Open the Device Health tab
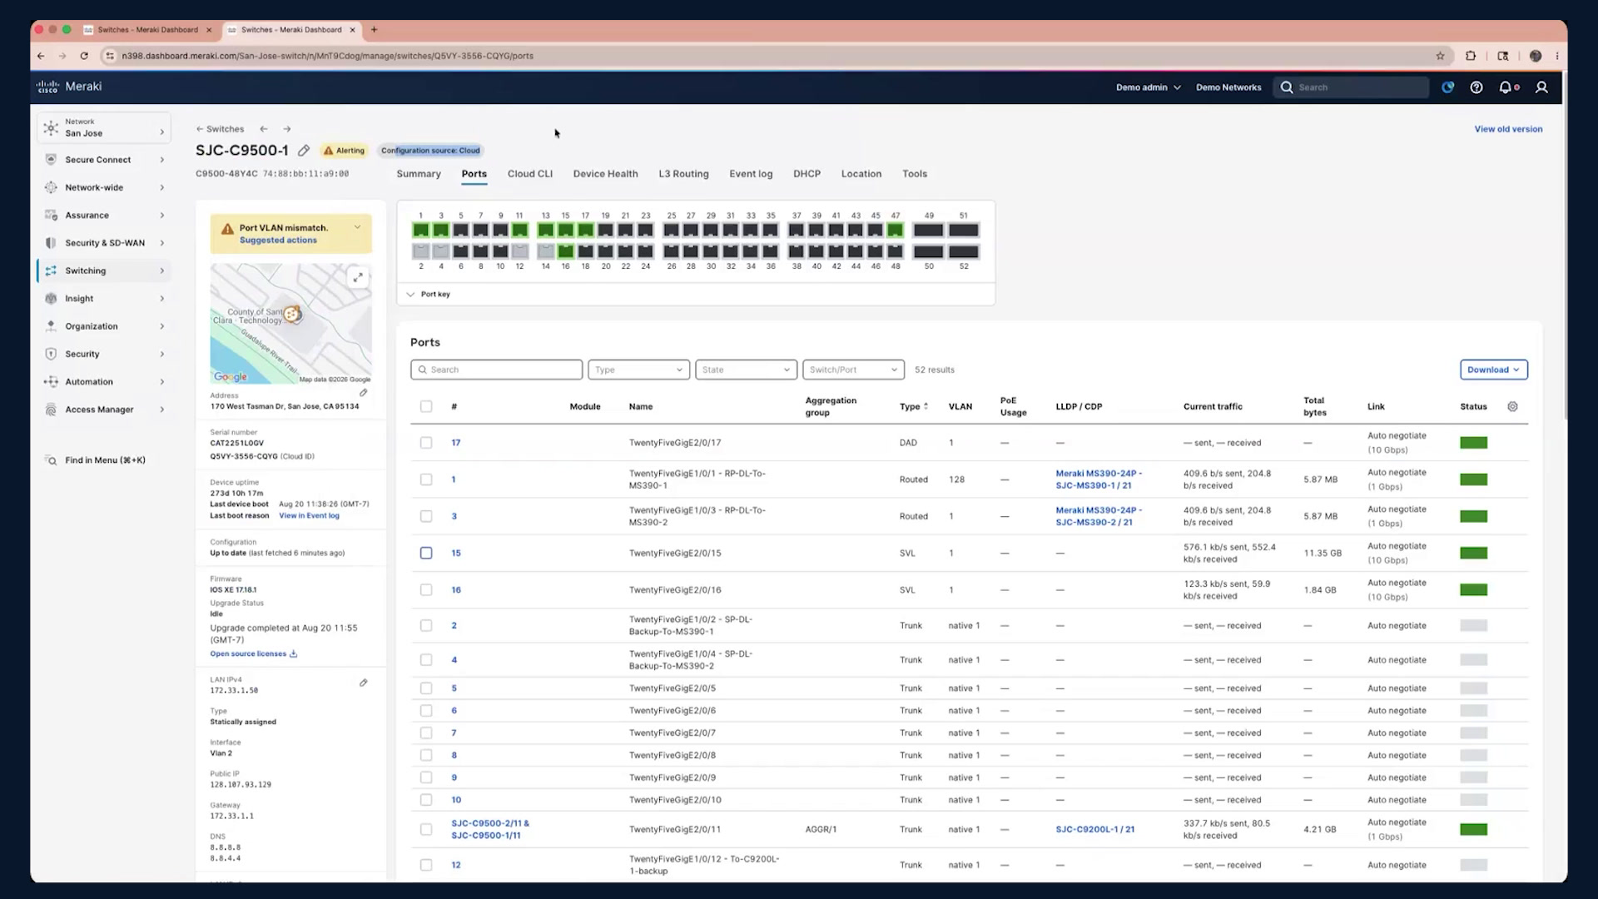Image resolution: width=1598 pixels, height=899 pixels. [x=605, y=174]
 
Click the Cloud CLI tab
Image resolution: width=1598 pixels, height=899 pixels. [x=530, y=174]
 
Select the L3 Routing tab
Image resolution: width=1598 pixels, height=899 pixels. [x=683, y=174]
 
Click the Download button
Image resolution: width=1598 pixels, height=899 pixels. [x=1493, y=370]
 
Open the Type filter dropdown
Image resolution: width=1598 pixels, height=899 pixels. [x=638, y=370]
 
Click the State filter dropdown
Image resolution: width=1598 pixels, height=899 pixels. [x=745, y=370]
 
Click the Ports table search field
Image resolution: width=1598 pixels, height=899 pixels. [x=496, y=370]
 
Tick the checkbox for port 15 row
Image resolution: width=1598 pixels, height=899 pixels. [x=426, y=553]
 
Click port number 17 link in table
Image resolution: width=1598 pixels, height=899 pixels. [x=456, y=443]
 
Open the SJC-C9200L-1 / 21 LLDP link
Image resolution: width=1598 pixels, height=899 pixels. [x=1094, y=829]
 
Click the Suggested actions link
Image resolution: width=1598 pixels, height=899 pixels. [x=278, y=241]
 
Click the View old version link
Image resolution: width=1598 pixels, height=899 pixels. [x=1508, y=129]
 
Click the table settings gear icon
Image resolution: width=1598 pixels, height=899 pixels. [x=1512, y=406]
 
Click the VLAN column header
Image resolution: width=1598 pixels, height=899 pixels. [x=960, y=406]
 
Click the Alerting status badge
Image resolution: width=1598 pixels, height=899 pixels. [x=344, y=151]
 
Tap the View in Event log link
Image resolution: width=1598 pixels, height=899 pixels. [x=309, y=516]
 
